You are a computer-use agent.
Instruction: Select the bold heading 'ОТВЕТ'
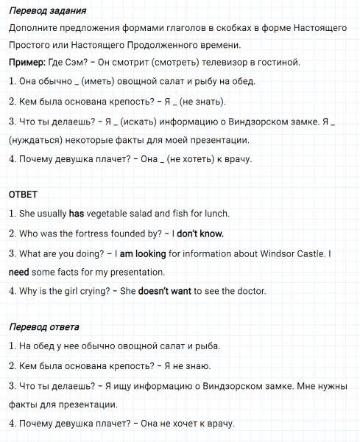23,194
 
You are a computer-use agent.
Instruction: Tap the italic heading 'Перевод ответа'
44,326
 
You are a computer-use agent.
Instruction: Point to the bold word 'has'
77,214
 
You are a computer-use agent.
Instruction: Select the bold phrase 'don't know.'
201,234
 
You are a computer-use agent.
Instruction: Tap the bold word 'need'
19,272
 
